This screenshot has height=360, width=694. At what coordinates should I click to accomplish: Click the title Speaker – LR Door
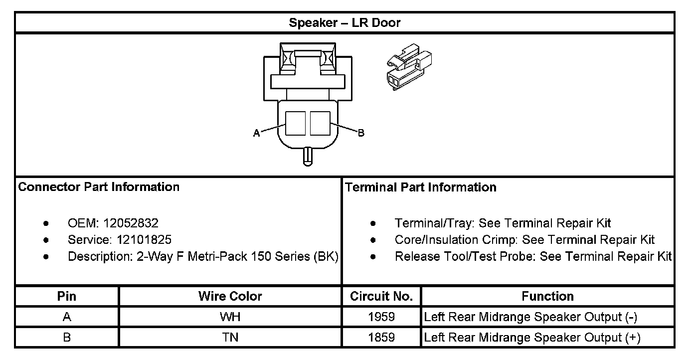345,23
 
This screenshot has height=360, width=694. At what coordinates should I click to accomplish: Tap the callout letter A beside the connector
256,133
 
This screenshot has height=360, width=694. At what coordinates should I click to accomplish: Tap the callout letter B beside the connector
361,133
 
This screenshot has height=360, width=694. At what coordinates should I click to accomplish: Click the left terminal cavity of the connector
295,123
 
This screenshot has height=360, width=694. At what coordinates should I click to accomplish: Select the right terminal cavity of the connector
320,123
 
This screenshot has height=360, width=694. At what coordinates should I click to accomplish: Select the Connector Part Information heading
99,187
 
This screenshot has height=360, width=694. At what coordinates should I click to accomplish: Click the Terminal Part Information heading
421,187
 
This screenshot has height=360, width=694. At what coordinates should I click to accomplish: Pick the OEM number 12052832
131,223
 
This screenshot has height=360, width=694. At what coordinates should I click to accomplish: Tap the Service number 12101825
144,240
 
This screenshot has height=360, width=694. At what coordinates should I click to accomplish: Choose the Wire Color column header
230,296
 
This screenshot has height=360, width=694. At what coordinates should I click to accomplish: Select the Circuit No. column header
381,296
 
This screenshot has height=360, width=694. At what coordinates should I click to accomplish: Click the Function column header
547,296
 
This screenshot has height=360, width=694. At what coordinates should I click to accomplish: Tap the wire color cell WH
230,317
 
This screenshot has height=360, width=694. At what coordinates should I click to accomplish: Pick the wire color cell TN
230,337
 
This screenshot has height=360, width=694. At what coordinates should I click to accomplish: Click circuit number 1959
381,317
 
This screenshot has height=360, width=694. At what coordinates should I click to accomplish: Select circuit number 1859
381,337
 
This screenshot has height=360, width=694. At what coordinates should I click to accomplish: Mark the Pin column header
67,296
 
